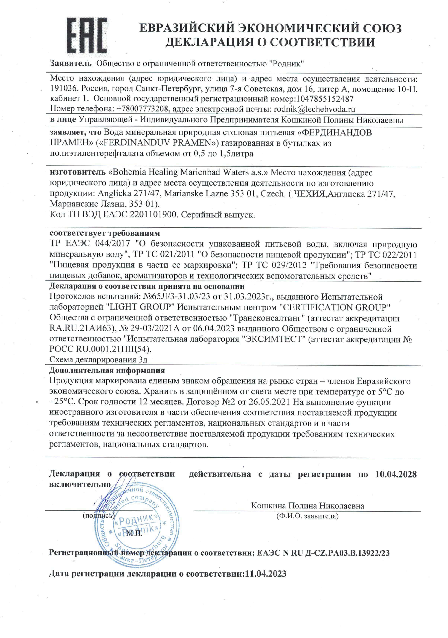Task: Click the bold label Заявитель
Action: pos(71,63)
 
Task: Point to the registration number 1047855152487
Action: pos(325,99)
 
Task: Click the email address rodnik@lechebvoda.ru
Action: pos(314,109)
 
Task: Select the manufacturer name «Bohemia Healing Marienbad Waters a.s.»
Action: pos(188,172)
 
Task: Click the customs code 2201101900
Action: pos(153,215)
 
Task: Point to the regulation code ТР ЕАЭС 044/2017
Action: pos(90,244)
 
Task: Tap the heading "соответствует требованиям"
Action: pos(105,233)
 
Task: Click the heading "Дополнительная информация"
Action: pos(107,370)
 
